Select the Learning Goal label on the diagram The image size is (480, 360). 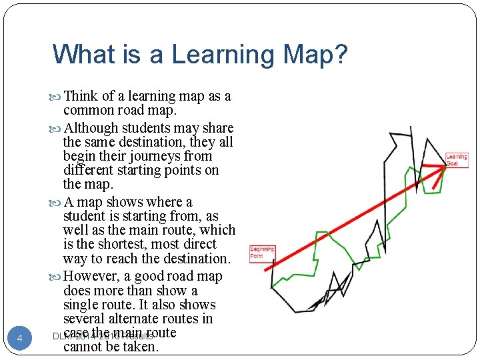(x=457, y=160)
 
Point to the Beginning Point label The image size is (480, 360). (x=257, y=252)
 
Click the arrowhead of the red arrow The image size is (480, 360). (x=441, y=169)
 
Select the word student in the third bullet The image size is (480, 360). (x=85, y=216)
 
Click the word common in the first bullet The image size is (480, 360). (x=88, y=110)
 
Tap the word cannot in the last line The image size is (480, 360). (x=84, y=346)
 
